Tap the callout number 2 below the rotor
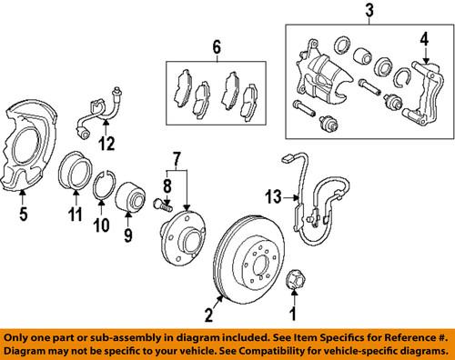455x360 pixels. (x=208, y=316)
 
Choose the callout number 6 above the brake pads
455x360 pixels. (x=217, y=47)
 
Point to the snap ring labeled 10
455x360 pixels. (x=106, y=190)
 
